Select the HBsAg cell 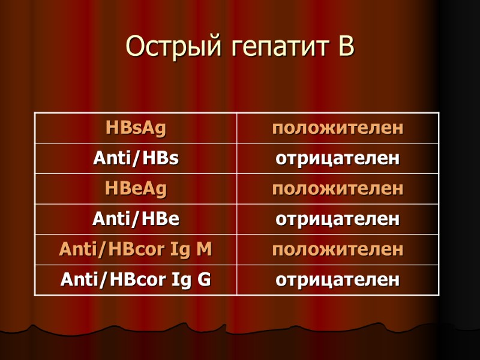(x=136, y=128)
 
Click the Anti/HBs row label (x=136, y=158)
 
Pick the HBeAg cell (x=136, y=189)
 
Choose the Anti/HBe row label (x=136, y=219)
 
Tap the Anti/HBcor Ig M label (x=136, y=249)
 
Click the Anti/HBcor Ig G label (x=136, y=280)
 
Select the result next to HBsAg (x=338, y=128)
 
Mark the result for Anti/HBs (x=338, y=159)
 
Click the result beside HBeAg (x=338, y=189)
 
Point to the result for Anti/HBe (x=338, y=220)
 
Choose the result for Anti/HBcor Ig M (x=338, y=250)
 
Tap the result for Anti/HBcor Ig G (x=338, y=280)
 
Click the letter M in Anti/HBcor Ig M (x=204, y=249)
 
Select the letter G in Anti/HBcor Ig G (x=205, y=280)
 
